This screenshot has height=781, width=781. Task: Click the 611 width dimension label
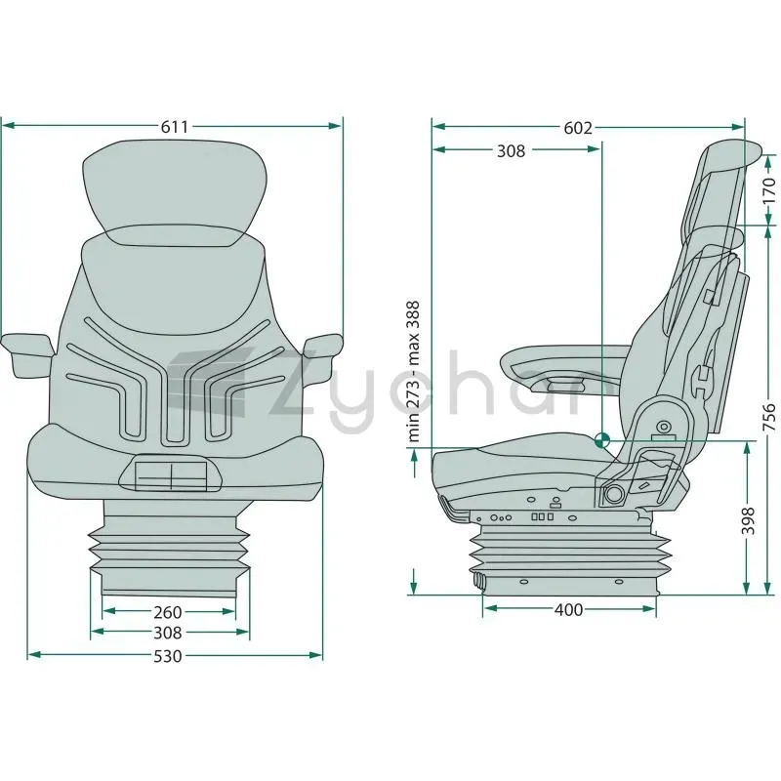click(175, 127)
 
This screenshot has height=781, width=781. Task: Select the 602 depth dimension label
click(578, 128)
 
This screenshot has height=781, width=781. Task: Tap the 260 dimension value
click(168, 612)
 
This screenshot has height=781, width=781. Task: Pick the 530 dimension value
click(168, 656)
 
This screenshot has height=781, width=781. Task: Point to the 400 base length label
click(568, 609)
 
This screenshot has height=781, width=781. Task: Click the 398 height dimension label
click(748, 521)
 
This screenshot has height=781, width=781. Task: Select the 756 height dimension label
click(769, 418)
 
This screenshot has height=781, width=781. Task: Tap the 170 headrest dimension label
click(769, 189)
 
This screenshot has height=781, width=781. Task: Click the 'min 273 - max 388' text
click(413, 372)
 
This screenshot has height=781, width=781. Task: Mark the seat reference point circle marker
click(601, 440)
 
